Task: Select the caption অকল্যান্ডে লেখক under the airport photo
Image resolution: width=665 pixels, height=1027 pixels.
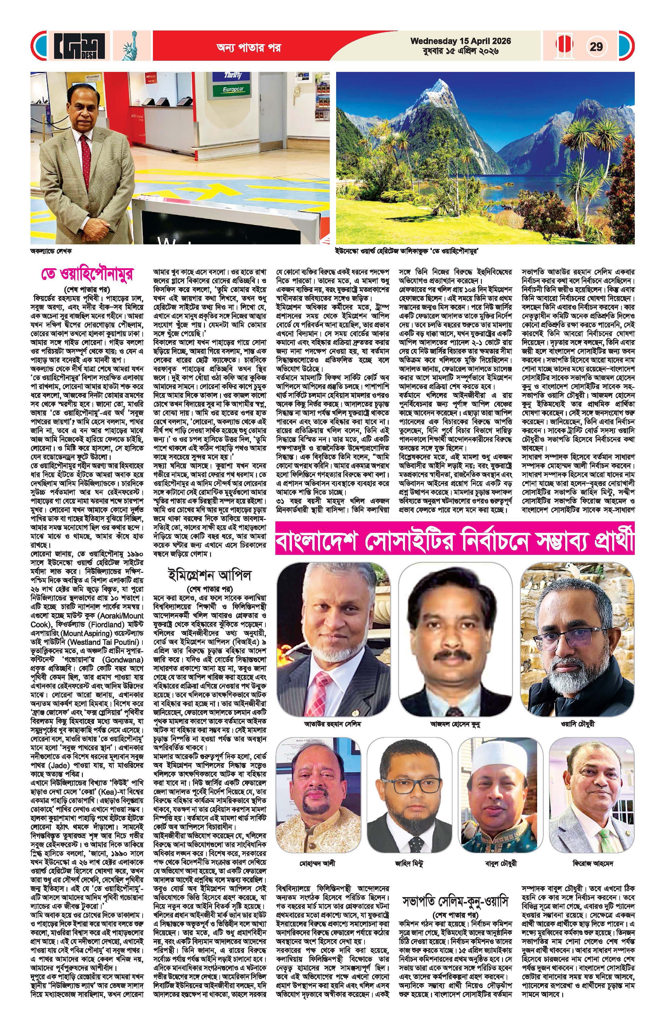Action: point(51,250)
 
